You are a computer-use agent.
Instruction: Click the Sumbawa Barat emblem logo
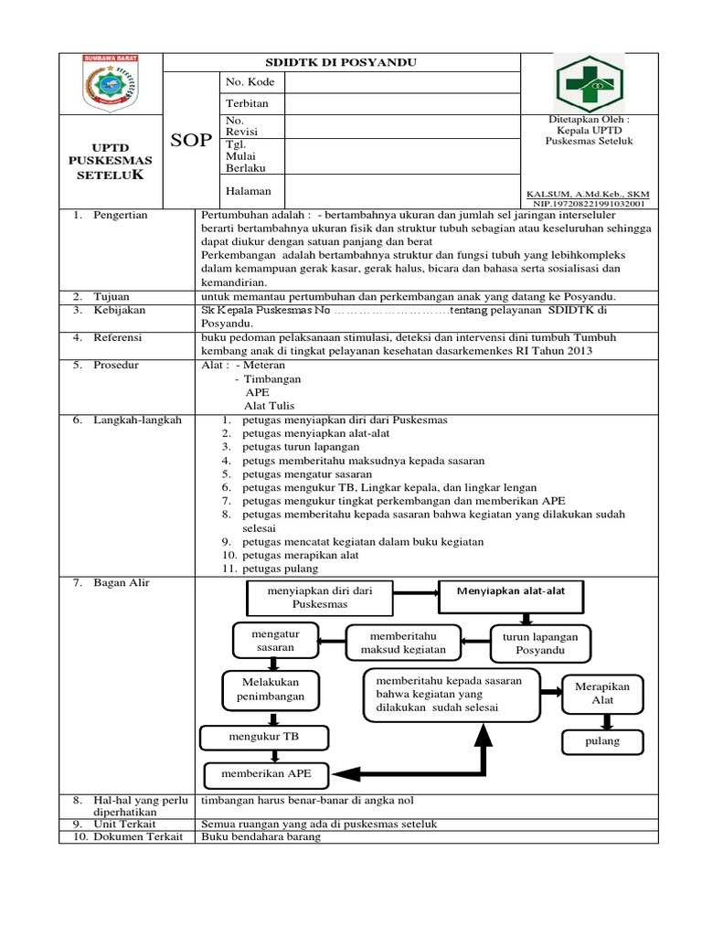tap(111, 83)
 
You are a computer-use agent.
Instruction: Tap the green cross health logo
tap(589, 83)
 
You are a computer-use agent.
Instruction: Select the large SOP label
tap(191, 140)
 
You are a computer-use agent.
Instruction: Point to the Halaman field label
tap(249, 191)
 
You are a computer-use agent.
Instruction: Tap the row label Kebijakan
tap(119, 311)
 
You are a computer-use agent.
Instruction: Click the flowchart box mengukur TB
tap(264, 736)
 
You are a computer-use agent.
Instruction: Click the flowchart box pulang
tap(601, 741)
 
